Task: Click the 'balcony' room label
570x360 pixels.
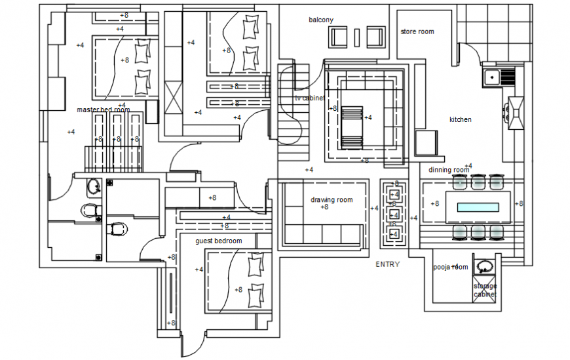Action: (321, 20)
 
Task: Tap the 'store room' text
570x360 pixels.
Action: (417, 31)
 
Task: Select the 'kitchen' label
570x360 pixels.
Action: (460, 120)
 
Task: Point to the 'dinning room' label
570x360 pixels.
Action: (449, 170)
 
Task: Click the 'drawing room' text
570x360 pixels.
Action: (332, 200)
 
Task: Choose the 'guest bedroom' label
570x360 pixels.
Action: (218, 241)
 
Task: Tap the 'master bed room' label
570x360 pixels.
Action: (104, 110)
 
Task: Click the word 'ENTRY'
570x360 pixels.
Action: (387, 264)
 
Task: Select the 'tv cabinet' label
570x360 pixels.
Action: (309, 98)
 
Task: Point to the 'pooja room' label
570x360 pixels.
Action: (450, 267)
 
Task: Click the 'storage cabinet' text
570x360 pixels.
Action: (485, 290)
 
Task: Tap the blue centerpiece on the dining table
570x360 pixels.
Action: (478, 208)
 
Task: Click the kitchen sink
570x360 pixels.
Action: (493, 78)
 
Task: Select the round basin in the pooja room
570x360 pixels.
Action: (485, 267)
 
